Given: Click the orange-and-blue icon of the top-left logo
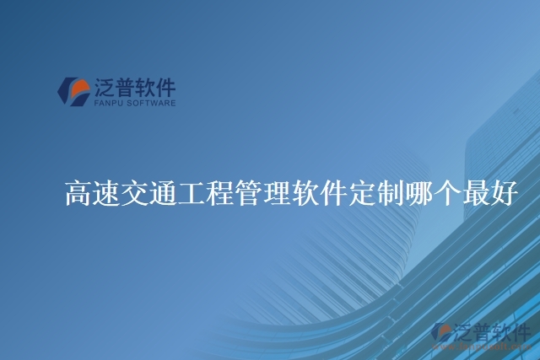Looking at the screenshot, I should coord(73,91).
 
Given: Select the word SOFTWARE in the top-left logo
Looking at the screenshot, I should coord(152,104).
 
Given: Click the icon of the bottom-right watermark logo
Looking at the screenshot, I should coord(440,332).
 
